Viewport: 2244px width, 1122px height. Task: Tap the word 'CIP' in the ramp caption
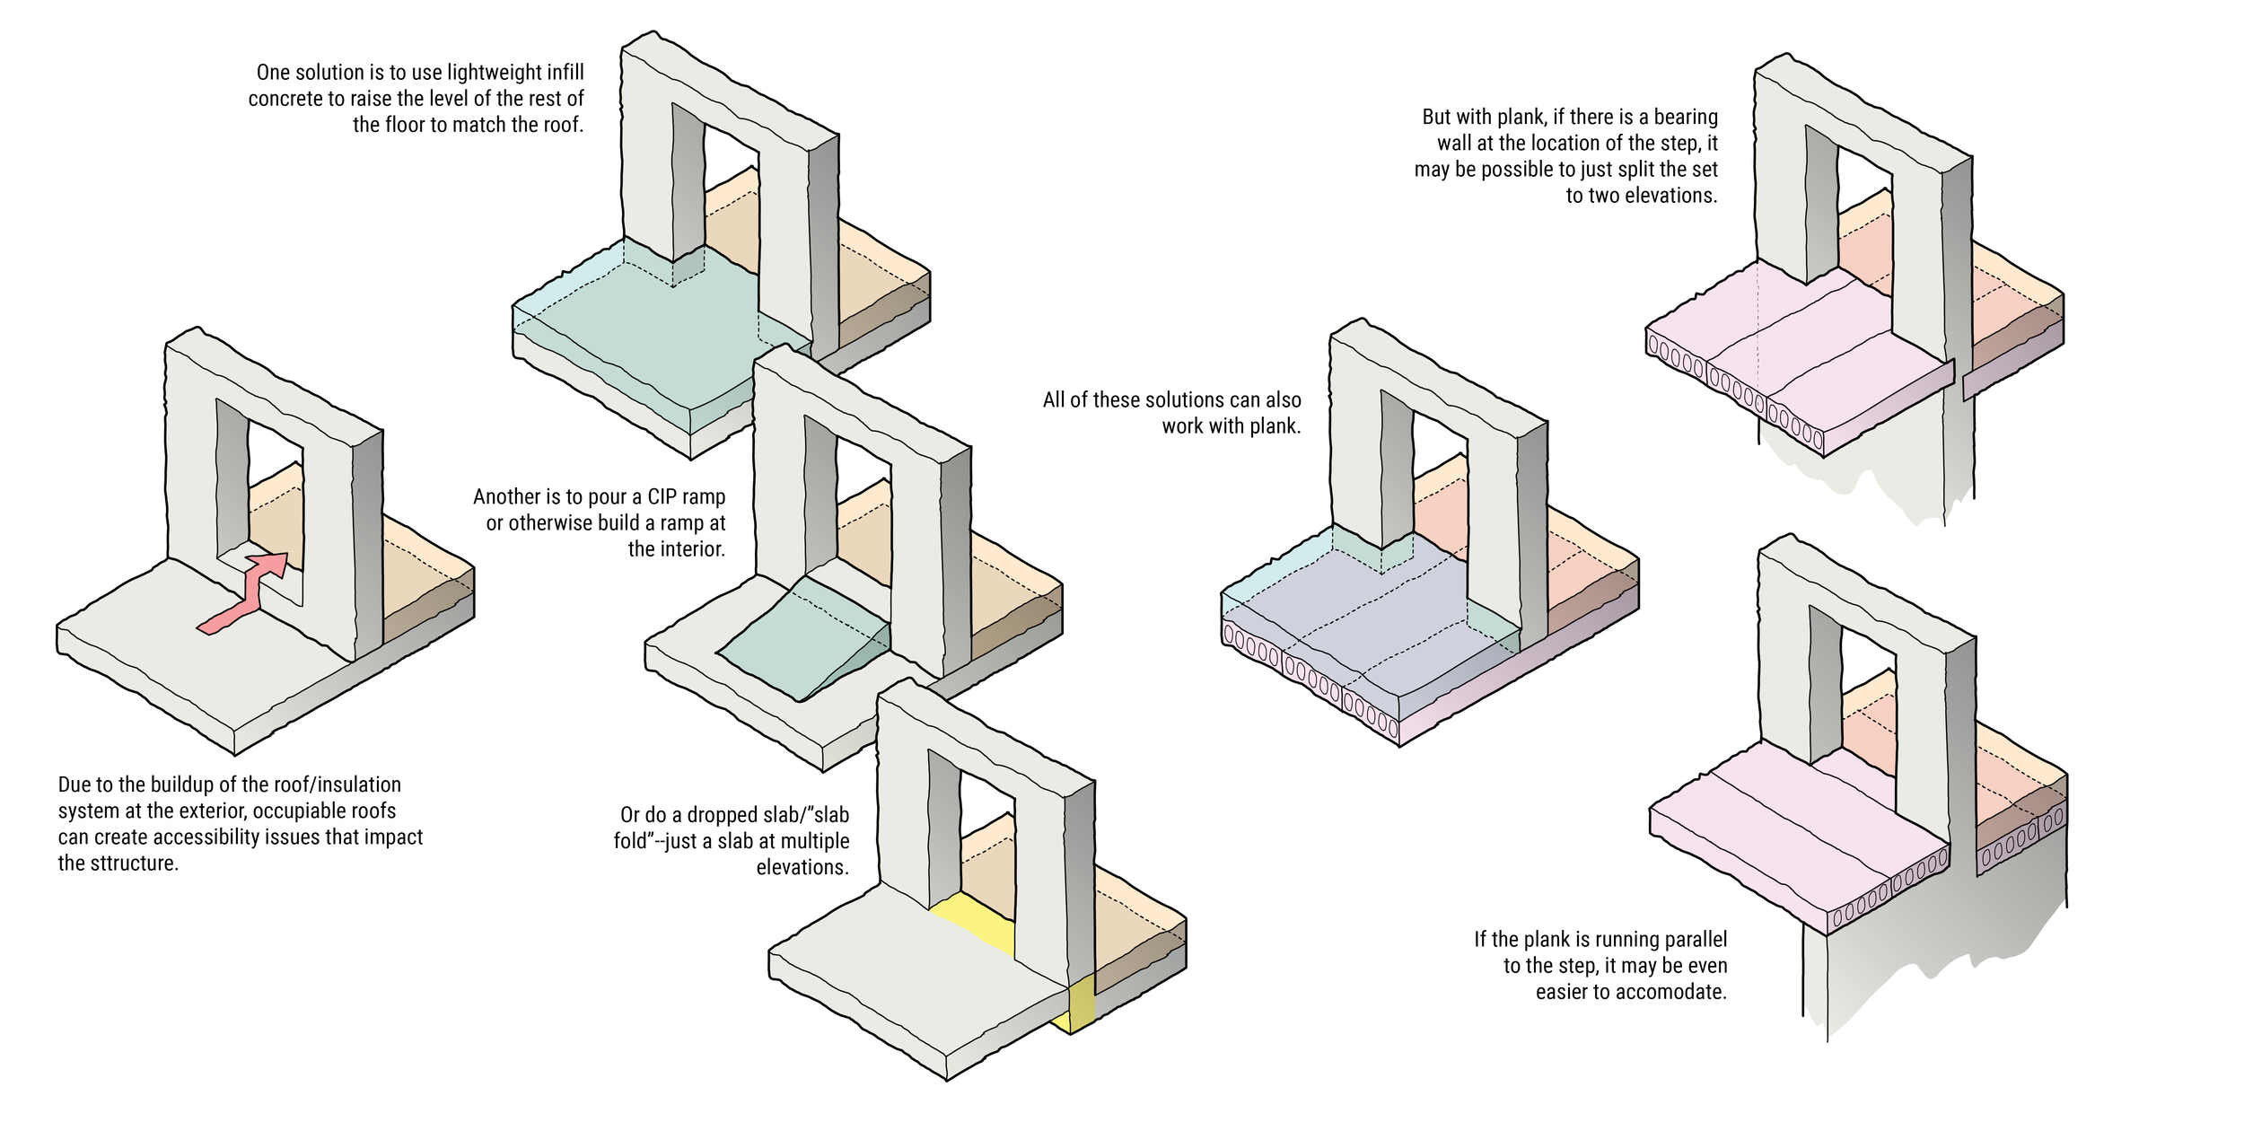[665, 497]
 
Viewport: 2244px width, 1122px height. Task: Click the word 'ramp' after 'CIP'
[705, 497]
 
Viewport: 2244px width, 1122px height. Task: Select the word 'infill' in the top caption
[565, 73]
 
